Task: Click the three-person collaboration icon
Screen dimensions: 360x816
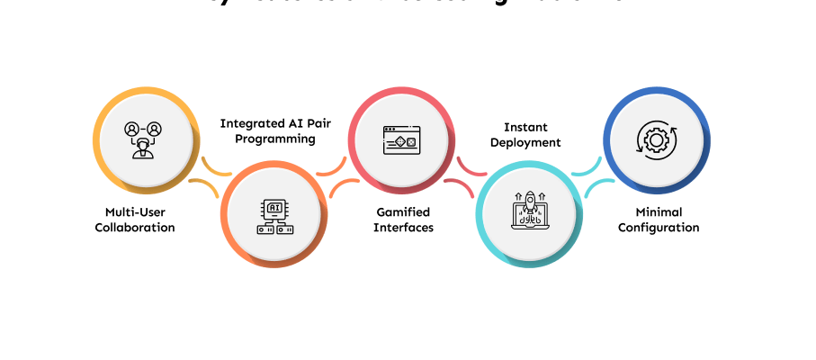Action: pos(143,139)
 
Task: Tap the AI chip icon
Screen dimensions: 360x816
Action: pos(274,217)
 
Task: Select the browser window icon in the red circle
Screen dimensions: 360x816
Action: pos(400,139)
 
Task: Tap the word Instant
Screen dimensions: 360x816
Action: pos(525,127)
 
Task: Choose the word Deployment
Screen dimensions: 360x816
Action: pos(525,142)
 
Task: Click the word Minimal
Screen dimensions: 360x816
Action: pos(658,212)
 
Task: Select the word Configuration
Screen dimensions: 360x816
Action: pos(658,228)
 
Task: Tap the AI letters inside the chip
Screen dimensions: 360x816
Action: pos(274,208)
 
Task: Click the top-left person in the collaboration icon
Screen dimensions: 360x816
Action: pos(132,130)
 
